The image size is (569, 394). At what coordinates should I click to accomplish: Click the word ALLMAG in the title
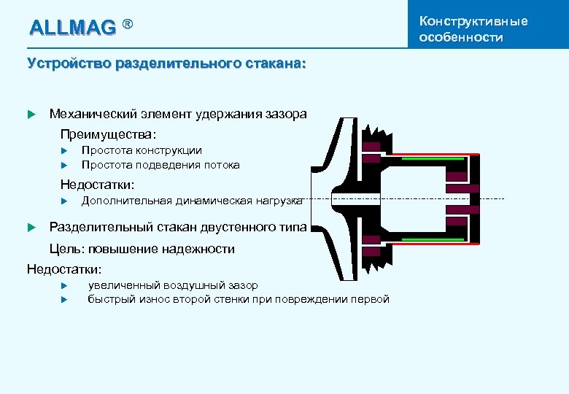coord(72,28)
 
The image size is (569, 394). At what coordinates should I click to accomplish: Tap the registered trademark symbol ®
coord(128,26)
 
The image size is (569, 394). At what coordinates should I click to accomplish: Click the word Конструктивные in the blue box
coord(473,20)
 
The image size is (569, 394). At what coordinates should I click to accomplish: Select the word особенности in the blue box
coord(461,37)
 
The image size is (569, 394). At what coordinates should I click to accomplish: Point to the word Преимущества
coord(108,134)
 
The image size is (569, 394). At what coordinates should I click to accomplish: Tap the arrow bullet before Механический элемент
coord(31,114)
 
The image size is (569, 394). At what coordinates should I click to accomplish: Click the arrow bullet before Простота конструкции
coord(64,150)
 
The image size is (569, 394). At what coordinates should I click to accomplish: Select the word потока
coord(222,165)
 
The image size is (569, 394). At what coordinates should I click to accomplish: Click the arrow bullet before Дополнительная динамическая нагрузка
coord(64,201)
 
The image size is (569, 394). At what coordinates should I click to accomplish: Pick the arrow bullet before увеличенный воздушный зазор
coord(64,285)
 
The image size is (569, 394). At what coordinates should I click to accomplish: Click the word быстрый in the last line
coord(108,299)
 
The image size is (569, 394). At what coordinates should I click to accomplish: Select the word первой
coord(370,299)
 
